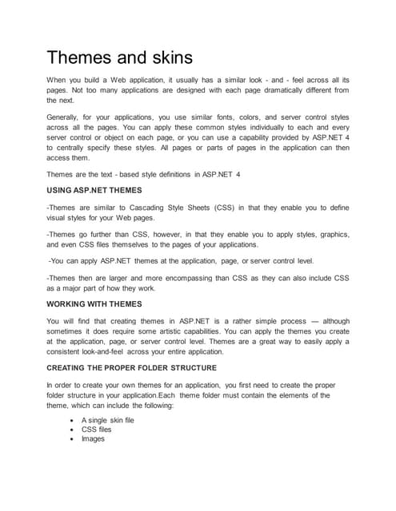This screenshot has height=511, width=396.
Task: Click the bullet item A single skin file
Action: (108, 419)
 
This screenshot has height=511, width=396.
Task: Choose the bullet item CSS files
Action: (96, 429)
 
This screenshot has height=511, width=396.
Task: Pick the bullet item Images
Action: (93, 438)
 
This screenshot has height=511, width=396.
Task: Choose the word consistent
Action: (67, 352)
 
